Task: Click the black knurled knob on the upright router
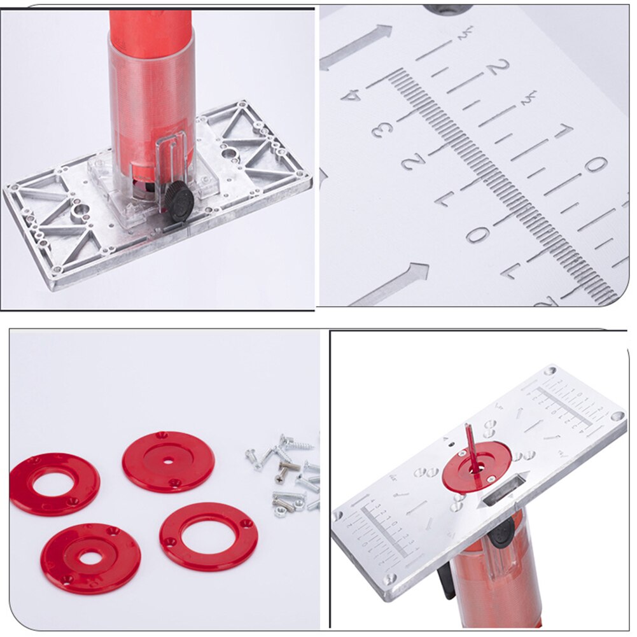pos(179,202)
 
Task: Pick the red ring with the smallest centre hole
pos(168,461)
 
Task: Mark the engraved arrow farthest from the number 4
pos(389,284)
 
